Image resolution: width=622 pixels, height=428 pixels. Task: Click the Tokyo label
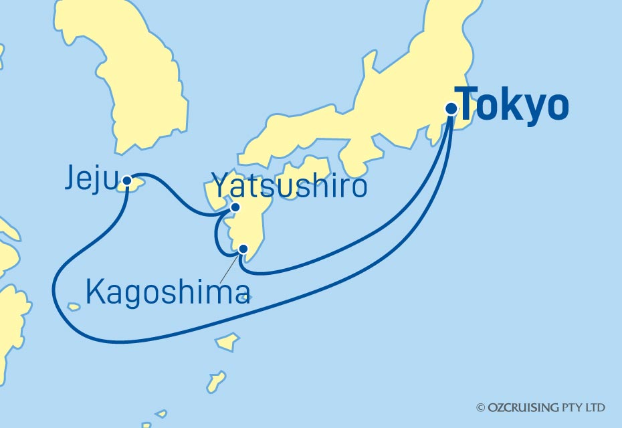click(x=514, y=106)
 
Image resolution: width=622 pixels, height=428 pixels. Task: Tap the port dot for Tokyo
click(x=451, y=108)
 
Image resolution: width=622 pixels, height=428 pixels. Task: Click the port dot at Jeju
click(x=127, y=179)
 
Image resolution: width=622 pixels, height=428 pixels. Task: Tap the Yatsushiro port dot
click(x=235, y=207)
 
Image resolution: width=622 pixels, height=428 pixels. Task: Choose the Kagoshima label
click(x=168, y=293)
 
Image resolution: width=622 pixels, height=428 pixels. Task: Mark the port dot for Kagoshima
click(x=243, y=249)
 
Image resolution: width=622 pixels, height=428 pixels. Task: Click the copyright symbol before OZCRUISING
click(x=480, y=407)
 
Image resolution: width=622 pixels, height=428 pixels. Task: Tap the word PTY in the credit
click(x=571, y=407)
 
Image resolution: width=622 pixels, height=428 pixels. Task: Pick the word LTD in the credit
click(x=595, y=407)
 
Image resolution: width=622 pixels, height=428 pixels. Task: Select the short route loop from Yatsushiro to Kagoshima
click(x=217, y=234)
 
